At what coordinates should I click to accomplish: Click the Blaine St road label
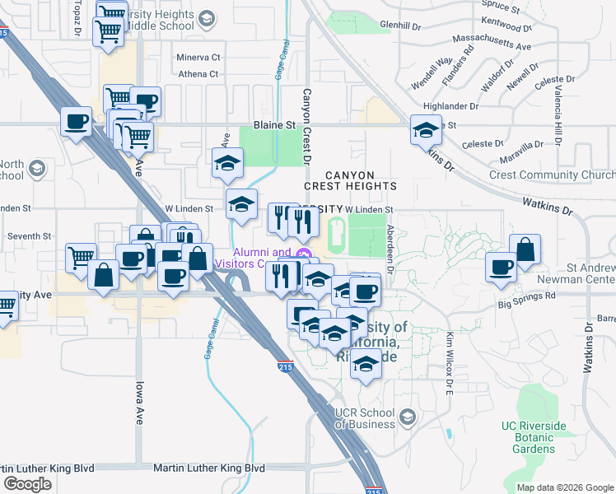(x=274, y=124)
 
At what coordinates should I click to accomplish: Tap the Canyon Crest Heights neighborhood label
(x=362, y=181)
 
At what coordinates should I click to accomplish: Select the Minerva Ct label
(x=199, y=58)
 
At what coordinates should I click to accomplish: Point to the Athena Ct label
(x=198, y=74)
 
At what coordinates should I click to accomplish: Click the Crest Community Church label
(x=552, y=175)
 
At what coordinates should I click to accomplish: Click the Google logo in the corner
(x=27, y=483)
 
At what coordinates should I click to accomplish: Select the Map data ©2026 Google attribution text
(x=566, y=487)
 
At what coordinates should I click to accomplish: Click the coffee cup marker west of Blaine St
(x=77, y=122)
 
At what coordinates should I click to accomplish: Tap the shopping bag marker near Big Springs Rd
(x=525, y=249)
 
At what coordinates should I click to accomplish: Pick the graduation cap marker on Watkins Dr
(x=426, y=130)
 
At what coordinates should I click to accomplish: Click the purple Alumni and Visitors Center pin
(x=303, y=254)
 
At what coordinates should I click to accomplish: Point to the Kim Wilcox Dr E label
(x=450, y=362)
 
